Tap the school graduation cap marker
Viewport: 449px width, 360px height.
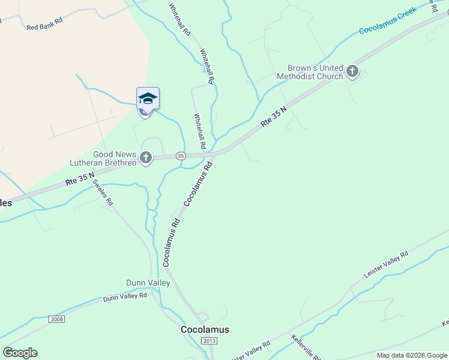(x=148, y=98)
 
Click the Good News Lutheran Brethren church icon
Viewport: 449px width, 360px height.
(x=145, y=158)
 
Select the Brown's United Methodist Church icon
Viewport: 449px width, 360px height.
(x=352, y=73)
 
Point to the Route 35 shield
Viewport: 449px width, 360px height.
(x=181, y=156)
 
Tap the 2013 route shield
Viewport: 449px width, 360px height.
(x=209, y=341)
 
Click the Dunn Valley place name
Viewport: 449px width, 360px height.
(x=148, y=283)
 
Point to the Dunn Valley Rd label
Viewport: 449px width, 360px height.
(x=125, y=296)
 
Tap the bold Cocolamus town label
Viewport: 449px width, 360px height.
(x=205, y=329)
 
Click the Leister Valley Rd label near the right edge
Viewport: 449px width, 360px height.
(x=386, y=264)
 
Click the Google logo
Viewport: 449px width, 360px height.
(x=20, y=353)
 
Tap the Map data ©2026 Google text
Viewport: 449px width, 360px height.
(x=411, y=355)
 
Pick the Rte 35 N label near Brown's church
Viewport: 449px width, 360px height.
(x=274, y=117)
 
